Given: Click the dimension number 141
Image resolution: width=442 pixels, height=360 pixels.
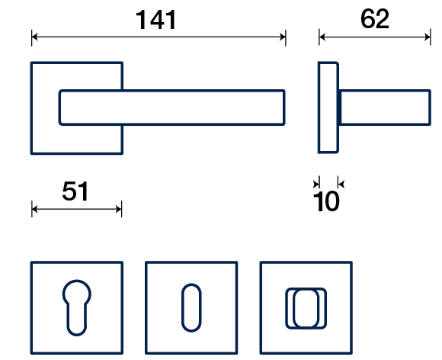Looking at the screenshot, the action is point(156,20).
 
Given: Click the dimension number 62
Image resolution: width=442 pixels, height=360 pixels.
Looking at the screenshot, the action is point(375,18).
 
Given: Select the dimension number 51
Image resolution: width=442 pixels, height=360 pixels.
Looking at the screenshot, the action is point(75,191).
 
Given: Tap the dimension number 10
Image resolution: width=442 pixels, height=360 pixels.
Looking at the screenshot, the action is point(326,201).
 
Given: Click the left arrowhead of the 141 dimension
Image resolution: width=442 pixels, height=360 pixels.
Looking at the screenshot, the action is point(34,37).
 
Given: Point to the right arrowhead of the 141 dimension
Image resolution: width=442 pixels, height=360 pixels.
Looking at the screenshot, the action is point(283,37).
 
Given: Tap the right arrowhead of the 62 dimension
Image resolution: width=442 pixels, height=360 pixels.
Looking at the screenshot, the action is point(428,37).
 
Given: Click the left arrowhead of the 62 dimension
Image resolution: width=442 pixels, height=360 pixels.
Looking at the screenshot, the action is point(322,37).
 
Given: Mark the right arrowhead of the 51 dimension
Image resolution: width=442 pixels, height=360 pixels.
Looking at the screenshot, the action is point(118,209).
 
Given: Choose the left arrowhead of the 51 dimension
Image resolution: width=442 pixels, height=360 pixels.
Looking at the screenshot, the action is point(34,209).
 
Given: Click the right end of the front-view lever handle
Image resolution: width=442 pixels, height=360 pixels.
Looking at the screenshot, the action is point(283,108).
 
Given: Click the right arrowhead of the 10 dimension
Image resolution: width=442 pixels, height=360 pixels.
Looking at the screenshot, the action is point(341,185).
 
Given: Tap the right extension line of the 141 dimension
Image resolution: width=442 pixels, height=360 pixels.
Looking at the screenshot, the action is point(286,37).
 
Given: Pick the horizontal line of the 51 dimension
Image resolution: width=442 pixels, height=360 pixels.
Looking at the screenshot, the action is point(77,209).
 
